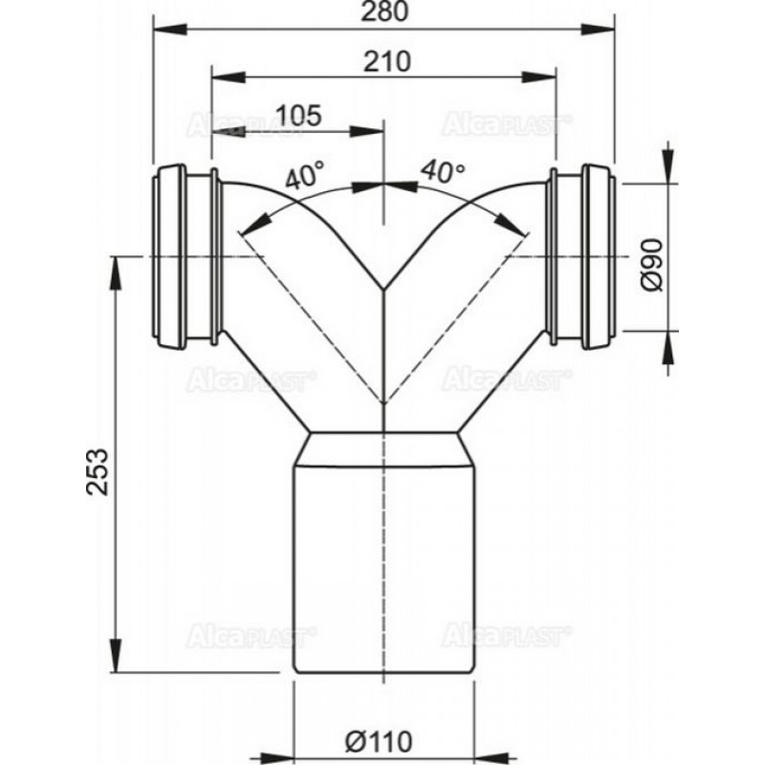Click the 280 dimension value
384,11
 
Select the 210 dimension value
387,62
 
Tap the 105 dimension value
298,116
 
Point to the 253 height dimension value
97,471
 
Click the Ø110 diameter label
379,742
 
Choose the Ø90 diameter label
652,265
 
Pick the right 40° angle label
443,171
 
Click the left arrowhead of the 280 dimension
170,30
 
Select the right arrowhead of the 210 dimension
539,77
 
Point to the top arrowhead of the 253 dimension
116,273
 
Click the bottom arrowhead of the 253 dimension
116,655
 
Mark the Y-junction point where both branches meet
384,289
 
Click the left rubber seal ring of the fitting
169,257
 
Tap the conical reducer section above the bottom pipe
384,448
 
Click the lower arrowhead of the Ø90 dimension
668,347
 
